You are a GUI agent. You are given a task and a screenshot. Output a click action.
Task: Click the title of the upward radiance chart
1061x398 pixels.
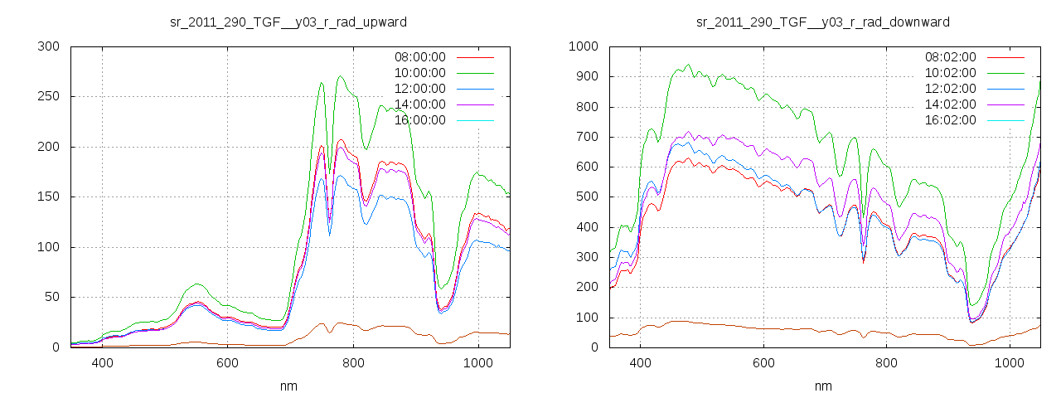coord(288,22)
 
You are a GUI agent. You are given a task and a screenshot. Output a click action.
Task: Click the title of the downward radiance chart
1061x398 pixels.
coord(823,22)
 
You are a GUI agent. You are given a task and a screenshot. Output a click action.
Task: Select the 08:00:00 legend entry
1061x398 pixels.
coord(419,57)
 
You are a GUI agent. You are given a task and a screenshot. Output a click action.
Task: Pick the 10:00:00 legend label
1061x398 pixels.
coord(419,73)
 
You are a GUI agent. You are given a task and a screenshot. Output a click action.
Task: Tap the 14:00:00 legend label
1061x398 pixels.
coord(419,104)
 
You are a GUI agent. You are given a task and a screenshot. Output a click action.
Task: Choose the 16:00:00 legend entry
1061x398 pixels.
coord(419,120)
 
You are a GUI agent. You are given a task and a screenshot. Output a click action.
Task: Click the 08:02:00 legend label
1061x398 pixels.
coord(950,57)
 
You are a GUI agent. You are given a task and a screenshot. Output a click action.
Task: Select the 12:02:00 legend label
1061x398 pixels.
coord(950,89)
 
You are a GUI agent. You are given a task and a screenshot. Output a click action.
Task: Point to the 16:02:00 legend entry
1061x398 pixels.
coord(950,120)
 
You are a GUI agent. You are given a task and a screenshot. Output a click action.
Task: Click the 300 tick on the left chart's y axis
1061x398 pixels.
coord(50,46)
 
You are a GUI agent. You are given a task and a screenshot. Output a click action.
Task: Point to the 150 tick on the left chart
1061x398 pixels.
coord(50,197)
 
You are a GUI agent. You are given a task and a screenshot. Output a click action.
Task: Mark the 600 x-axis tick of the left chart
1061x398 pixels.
coord(228,363)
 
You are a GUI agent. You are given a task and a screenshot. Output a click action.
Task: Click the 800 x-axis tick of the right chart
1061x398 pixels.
coord(887,363)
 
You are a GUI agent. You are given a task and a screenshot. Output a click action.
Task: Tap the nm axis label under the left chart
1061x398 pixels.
coord(289,386)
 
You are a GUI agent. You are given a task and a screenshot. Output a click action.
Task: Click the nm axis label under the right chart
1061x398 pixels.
coord(823,386)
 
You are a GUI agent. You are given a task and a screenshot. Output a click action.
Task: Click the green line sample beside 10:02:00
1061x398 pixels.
coord(1005,73)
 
